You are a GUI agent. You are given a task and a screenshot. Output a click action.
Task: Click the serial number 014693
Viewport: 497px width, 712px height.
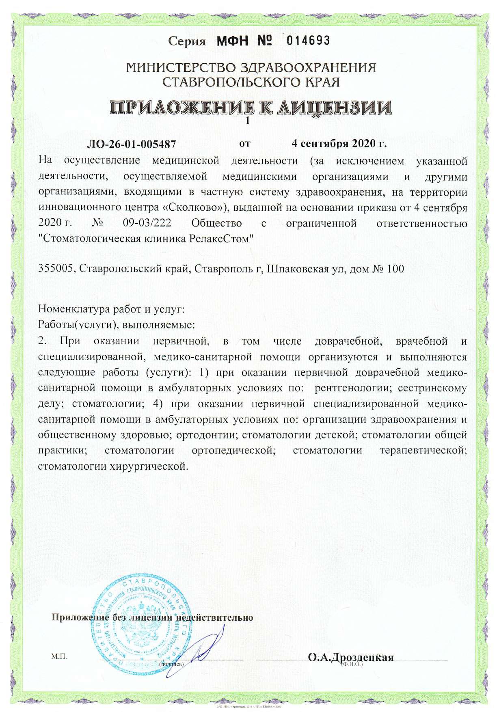(x=308, y=40)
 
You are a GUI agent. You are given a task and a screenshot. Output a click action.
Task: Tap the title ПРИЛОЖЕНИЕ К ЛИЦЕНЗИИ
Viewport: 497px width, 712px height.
(x=251, y=107)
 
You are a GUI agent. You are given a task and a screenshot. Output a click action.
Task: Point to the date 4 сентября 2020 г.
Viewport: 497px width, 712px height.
(x=339, y=143)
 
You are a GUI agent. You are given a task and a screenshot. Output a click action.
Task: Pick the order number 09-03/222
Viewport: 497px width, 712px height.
(x=147, y=223)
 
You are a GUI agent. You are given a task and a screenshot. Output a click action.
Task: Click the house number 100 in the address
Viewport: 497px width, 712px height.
(x=395, y=268)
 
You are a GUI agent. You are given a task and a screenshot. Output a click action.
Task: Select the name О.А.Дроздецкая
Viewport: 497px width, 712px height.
(x=351, y=657)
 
